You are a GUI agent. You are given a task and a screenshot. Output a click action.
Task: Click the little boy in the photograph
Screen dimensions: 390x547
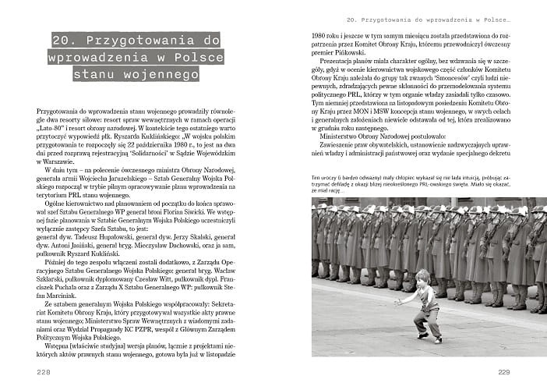coord(423,305)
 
